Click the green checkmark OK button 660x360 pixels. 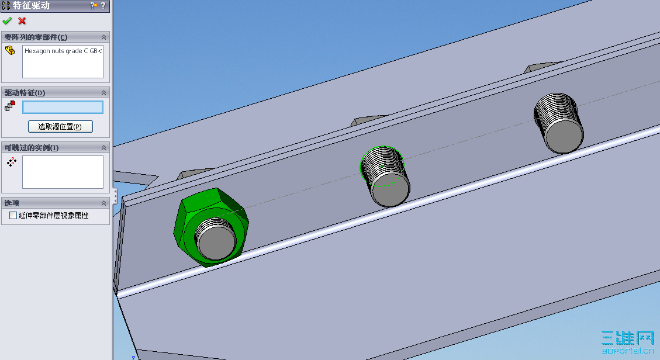[x=7, y=20]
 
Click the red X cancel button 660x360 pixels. [x=22, y=20]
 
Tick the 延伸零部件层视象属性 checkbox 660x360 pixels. [x=13, y=215]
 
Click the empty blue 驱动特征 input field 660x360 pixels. [x=63, y=108]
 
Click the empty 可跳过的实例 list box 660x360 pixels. [x=63, y=172]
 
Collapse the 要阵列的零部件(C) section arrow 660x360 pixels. [x=103, y=37]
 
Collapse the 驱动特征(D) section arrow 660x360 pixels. [x=103, y=92]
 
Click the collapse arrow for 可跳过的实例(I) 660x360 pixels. [x=103, y=148]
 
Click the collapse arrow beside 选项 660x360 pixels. [x=103, y=203]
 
